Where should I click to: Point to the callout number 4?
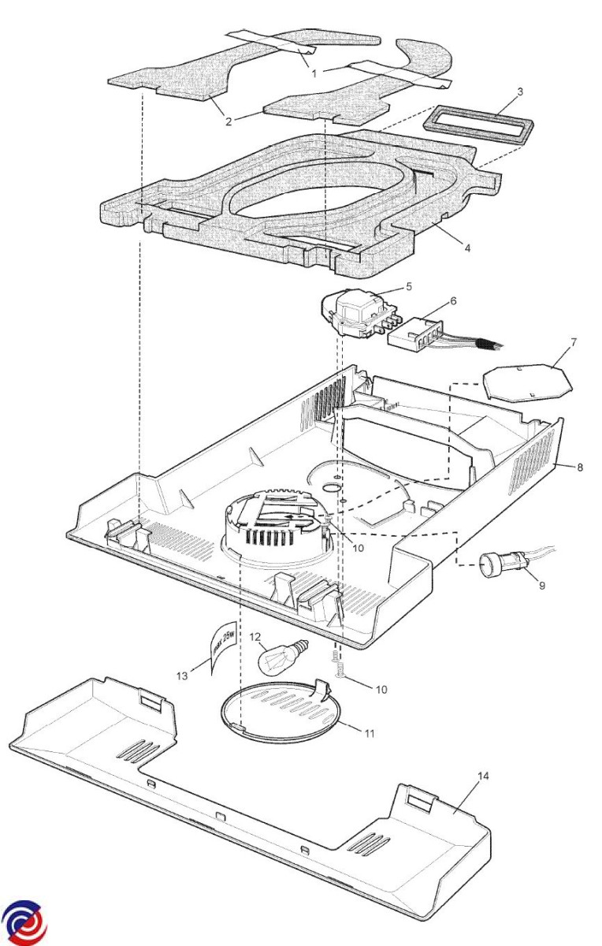[x=467, y=248]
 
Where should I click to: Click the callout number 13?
[x=182, y=676]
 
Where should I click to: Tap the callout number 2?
[x=229, y=121]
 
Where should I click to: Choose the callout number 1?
[x=314, y=73]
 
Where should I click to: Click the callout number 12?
[x=256, y=636]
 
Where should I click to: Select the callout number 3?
[x=520, y=91]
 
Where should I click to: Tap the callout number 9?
[x=542, y=585]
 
